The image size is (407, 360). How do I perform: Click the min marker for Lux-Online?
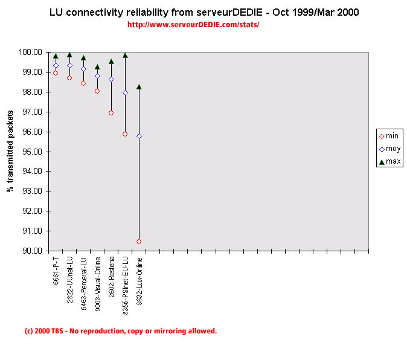tap(139, 242)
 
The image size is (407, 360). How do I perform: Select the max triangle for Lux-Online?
tap(139, 87)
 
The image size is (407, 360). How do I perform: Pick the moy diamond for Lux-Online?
tap(139, 136)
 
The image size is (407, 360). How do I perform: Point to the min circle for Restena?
tap(111, 113)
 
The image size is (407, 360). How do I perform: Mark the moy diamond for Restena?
tap(111, 79)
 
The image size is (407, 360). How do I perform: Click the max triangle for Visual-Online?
tap(97, 67)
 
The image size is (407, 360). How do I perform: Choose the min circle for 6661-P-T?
tap(56, 73)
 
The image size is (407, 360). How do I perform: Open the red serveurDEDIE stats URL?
tap(193, 25)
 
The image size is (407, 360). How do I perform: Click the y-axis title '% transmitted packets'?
tap(10, 152)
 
